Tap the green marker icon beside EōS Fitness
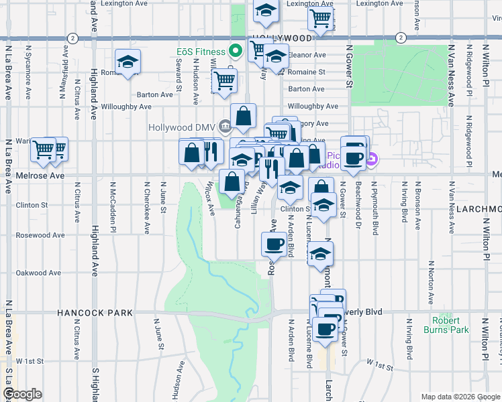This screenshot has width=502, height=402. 236,50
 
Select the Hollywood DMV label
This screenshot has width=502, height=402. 183,127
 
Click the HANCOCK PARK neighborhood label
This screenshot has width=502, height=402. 95,313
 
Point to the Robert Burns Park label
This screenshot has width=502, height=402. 446,325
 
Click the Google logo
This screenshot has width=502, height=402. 22,394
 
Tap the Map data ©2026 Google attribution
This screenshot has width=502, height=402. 460,397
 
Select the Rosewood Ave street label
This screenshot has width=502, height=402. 40,235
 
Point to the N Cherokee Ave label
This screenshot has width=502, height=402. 146,207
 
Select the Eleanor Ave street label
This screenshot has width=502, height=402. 307,55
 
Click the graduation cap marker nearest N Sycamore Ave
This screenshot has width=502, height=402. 127,63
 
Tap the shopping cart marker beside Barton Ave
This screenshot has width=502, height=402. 224,81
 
